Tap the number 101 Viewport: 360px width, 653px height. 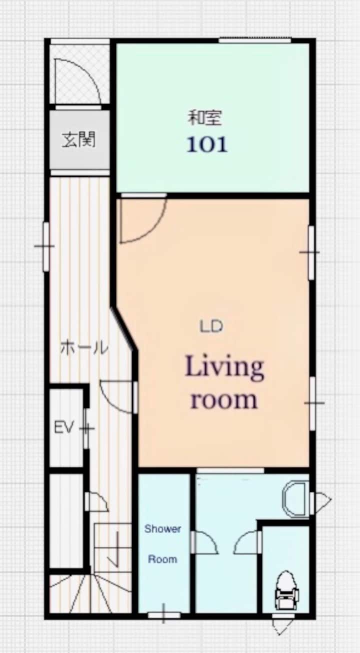pyautogui.click(x=207, y=144)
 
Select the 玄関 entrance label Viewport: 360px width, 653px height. pyautogui.click(x=78, y=140)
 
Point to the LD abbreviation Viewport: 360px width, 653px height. pyautogui.click(x=211, y=326)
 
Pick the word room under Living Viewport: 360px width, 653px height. pyautogui.click(x=224, y=399)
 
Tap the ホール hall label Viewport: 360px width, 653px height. pyautogui.click(x=84, y=348)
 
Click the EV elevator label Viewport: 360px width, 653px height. pyautogui.click(x=63, y=428)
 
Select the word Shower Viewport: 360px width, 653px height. pyautogui.click(x=162, y=528)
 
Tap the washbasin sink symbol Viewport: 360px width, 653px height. pyautogui.click(x=295, y=498)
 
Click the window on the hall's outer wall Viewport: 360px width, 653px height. pyautogui.click(x=46, y=246)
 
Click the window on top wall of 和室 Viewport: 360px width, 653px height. pyautogui.click(x=255, y=40)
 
